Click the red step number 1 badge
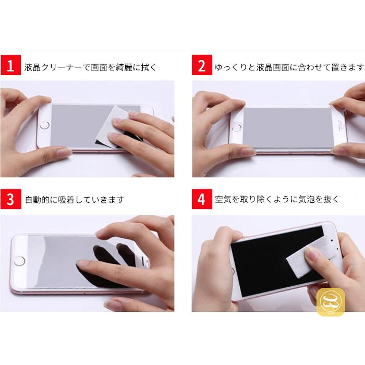point(10,67)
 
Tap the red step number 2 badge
point(202,67)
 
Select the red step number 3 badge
point(10,199)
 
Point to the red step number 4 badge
point(202,199)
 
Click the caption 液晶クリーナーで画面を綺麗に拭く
point(90,67)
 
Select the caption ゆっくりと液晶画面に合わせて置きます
point(289,67)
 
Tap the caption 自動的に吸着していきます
point(75,200)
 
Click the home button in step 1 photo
point(44,125)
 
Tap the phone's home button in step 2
point(237,127)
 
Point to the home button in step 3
point(20,259)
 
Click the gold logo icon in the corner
point(331,302)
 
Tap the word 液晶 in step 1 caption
point(33,67)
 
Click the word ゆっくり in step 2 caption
point(231,67)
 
